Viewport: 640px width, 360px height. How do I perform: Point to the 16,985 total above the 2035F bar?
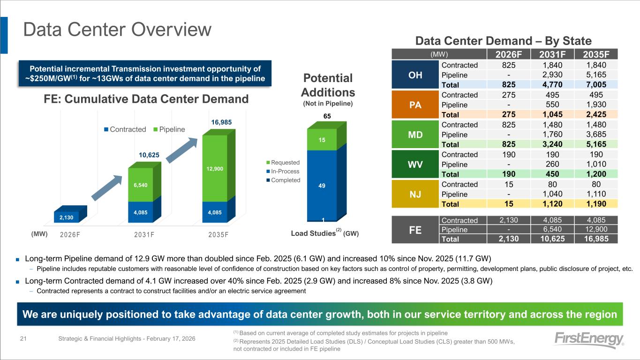221,122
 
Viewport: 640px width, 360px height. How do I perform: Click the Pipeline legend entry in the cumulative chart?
169,129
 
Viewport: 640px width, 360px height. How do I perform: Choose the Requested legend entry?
283,163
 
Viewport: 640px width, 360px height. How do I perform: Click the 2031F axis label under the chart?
144,235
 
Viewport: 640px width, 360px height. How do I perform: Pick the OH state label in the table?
415,75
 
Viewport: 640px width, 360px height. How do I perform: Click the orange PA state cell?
415,105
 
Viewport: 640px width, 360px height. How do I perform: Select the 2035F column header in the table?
596,54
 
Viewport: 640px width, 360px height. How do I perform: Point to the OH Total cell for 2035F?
596,84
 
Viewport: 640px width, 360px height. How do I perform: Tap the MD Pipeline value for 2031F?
552,134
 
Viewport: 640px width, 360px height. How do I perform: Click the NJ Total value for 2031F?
552,204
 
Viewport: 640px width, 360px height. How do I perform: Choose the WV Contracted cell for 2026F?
509,155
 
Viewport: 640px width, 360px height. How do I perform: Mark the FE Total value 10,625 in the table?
552,239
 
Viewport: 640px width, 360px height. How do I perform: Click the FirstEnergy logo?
589,340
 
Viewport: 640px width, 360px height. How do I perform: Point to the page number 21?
23,338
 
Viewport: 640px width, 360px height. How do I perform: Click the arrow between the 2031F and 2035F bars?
182,150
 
